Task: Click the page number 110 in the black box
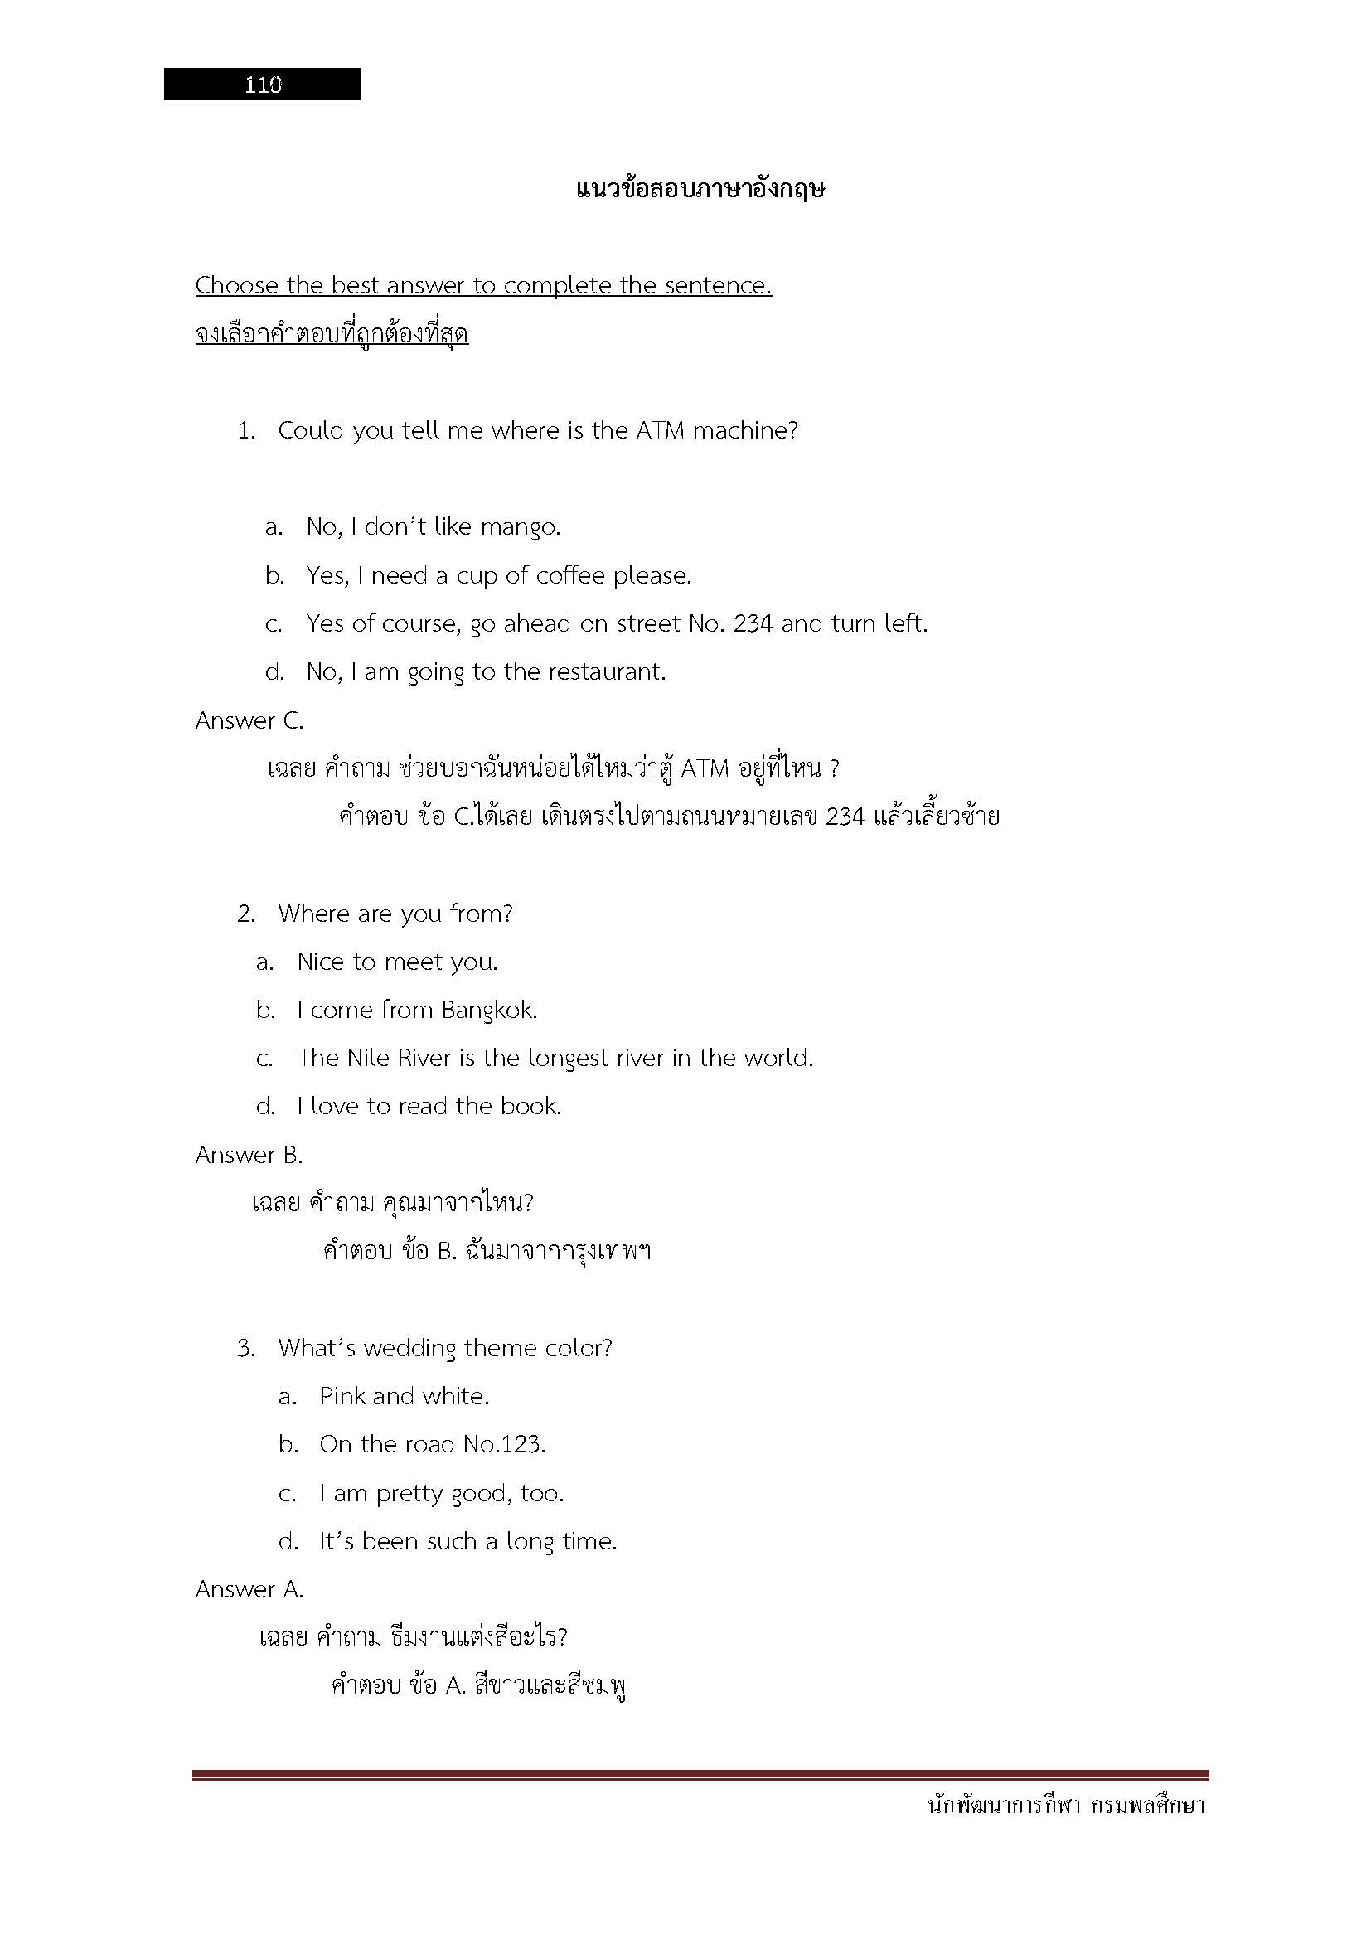coord(263,85)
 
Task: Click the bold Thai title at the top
coord(700,189)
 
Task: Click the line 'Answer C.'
coord(249,720)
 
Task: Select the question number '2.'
coord(245,914)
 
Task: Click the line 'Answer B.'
coord(249,1155)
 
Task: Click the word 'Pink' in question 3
coord(342,1396)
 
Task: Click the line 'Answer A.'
coord(249,1589)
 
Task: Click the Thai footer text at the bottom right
coord(1065,1806)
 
